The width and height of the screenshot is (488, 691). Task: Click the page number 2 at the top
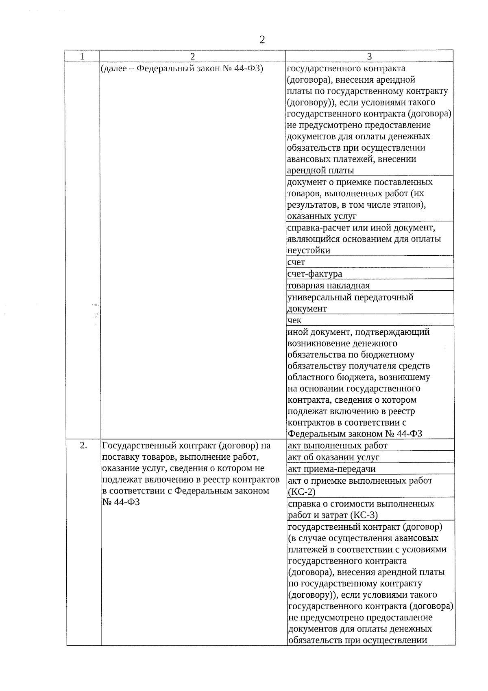tap(262, 40)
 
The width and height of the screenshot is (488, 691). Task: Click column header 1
tap(82, 57)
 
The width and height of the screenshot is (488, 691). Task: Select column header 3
tap(369, 57)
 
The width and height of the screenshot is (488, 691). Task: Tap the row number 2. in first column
tap(83, 445)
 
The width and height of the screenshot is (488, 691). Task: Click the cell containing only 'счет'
tap(296, 262)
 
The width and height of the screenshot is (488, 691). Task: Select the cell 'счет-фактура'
tap(315, 274)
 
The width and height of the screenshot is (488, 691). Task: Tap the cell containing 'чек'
tap(294, 320)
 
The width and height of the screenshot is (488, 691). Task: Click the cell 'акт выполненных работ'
tap(338, 445)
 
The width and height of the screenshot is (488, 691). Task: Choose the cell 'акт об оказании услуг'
tap(333, 457)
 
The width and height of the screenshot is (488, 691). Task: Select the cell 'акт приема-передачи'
tap(332, 469)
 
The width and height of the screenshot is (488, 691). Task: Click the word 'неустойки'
tap(309, 250)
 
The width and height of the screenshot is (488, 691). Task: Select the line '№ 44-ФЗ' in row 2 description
tap(121, 502)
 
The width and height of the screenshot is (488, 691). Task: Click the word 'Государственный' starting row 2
tap(137, 445)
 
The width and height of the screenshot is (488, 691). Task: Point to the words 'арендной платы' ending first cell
tap(320, 170)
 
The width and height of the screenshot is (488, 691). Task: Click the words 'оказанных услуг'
tap(322, 216)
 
